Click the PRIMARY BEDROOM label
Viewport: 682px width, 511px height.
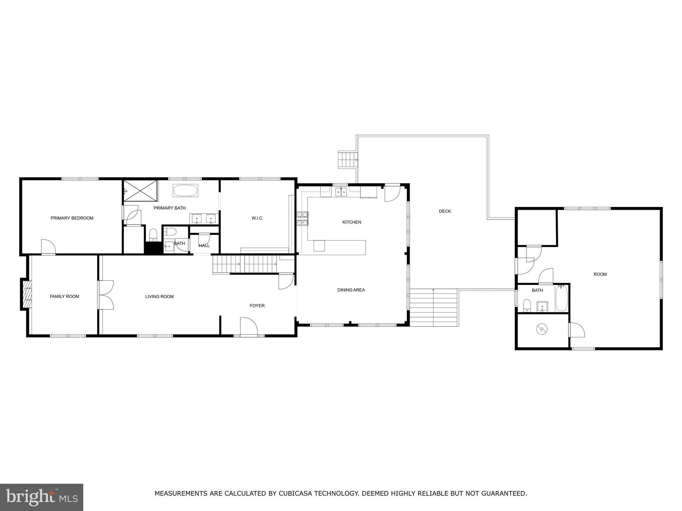point(72,218)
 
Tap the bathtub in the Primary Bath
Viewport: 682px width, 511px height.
point(185,191)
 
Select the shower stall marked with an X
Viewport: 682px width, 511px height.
point(140,191)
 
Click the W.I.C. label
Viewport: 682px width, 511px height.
point(257,218)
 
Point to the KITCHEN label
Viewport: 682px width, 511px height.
point(352,222)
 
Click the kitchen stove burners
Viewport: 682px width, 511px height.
point(302,219)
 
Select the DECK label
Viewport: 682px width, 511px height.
point(445,211)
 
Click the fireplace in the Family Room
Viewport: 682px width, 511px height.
point(27,294)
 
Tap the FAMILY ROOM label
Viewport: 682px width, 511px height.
point(64,296)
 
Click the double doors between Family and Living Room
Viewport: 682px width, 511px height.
point(106,295)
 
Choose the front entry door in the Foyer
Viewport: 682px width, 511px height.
point(248,327)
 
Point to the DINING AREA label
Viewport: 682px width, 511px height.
point(351,290)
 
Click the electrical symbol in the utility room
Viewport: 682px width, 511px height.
point(541,330)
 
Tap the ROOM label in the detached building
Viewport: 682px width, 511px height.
point(600,274)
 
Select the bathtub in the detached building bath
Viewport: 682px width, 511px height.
point(561,298)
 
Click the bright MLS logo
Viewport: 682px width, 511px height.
point(42,497)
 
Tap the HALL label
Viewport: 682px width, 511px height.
point(204,246)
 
